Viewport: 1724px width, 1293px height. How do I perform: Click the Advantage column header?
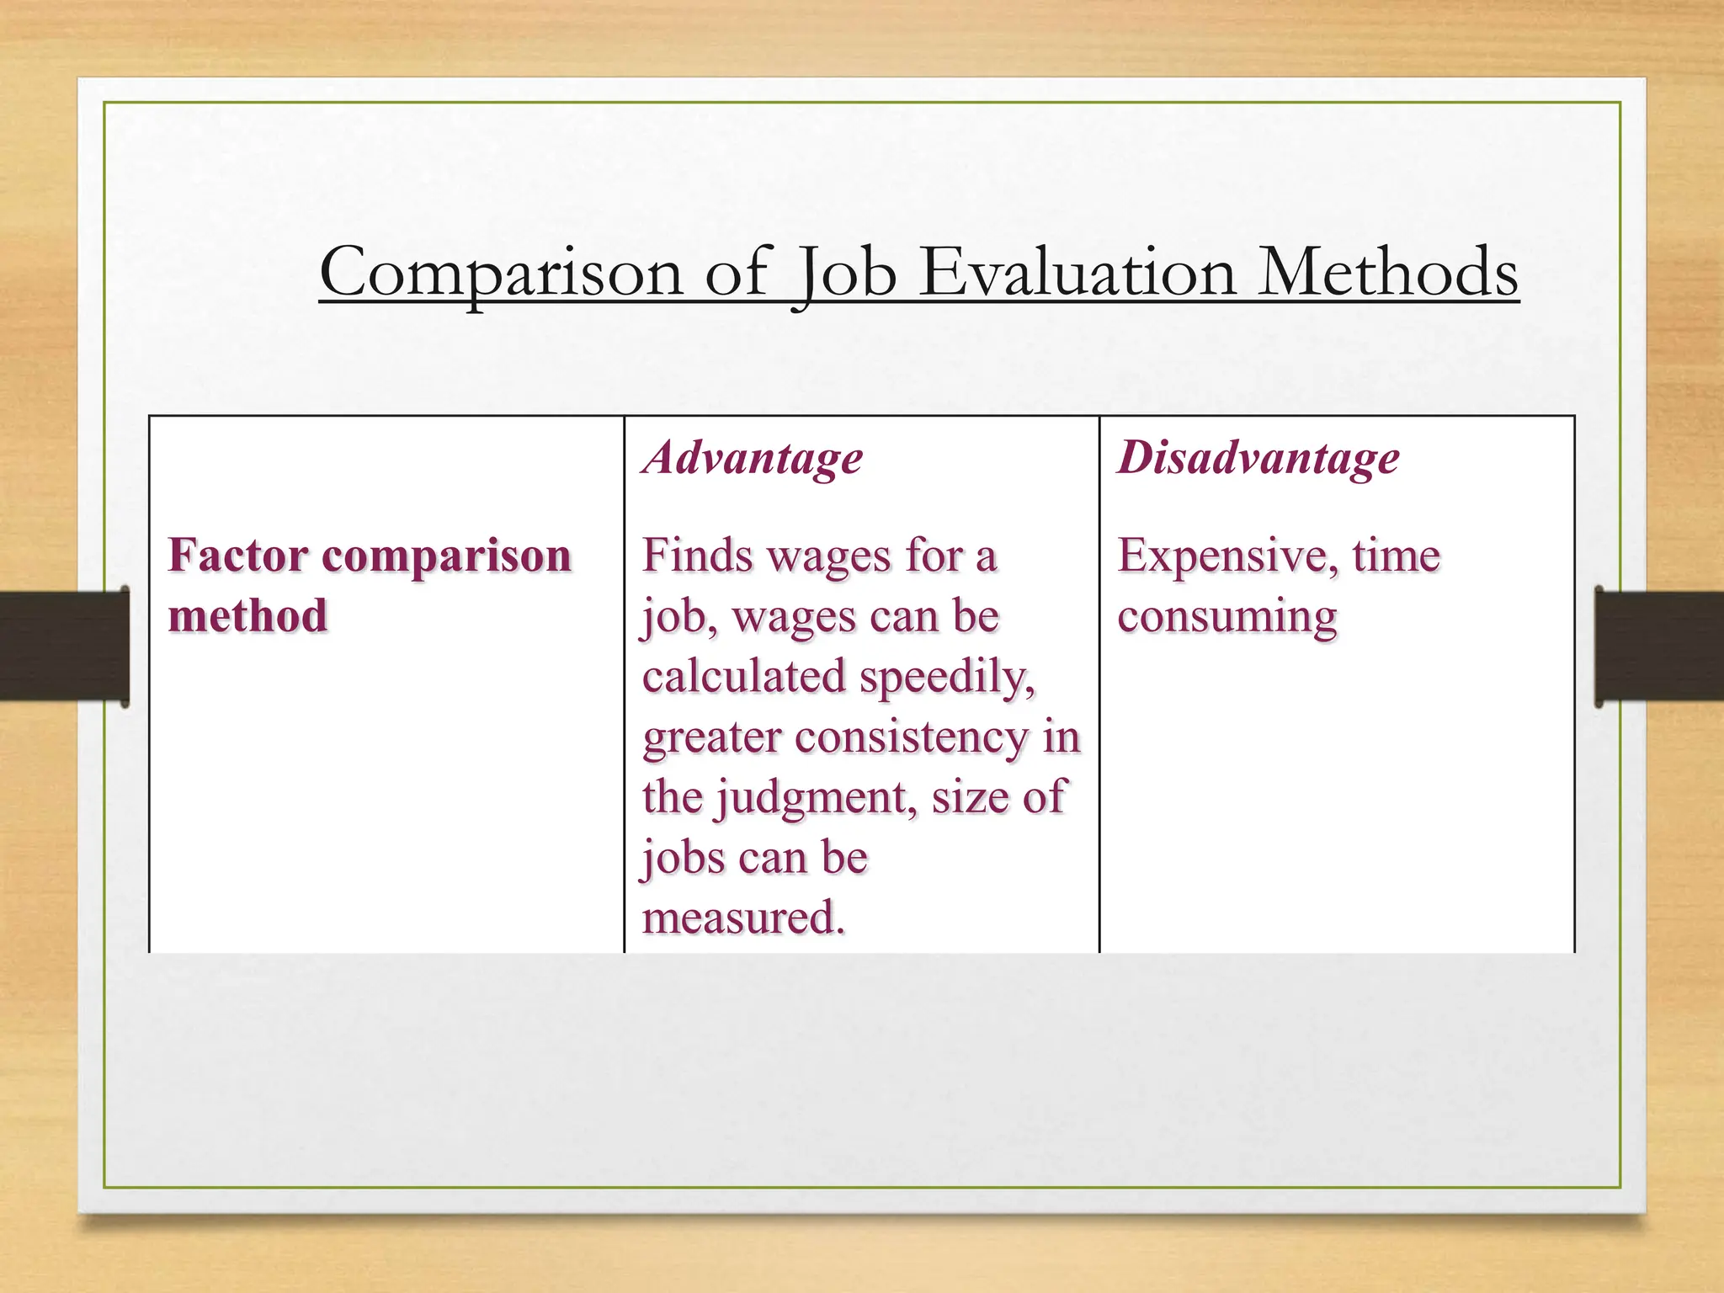(x=753, y=459)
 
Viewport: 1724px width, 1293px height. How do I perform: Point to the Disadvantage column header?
(x=1258, y=458)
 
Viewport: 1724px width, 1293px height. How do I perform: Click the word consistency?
(x=912, y=737)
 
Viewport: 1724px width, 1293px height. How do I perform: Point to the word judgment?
(x=816, y=798)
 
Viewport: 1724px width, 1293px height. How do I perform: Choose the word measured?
(x=742, y=918)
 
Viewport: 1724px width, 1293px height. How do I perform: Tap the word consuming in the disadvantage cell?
(x=1226, y=616)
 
